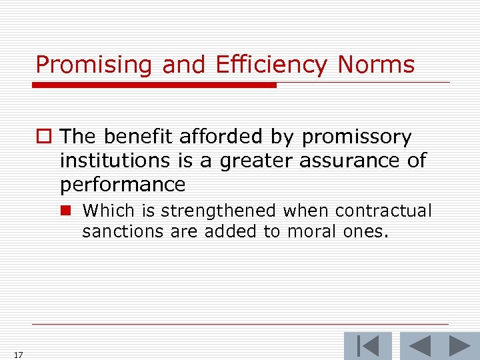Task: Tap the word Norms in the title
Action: tap(376, 65)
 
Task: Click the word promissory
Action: tap(357, 137)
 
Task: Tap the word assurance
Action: tap(345, 161)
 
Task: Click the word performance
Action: tap(122, 184)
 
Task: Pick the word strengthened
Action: tap(219, 211)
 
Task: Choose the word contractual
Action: tap(383, 211)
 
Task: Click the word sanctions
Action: tap(114, 231)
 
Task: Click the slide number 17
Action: tap(17, 355)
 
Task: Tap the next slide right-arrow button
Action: tap(459, 346)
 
